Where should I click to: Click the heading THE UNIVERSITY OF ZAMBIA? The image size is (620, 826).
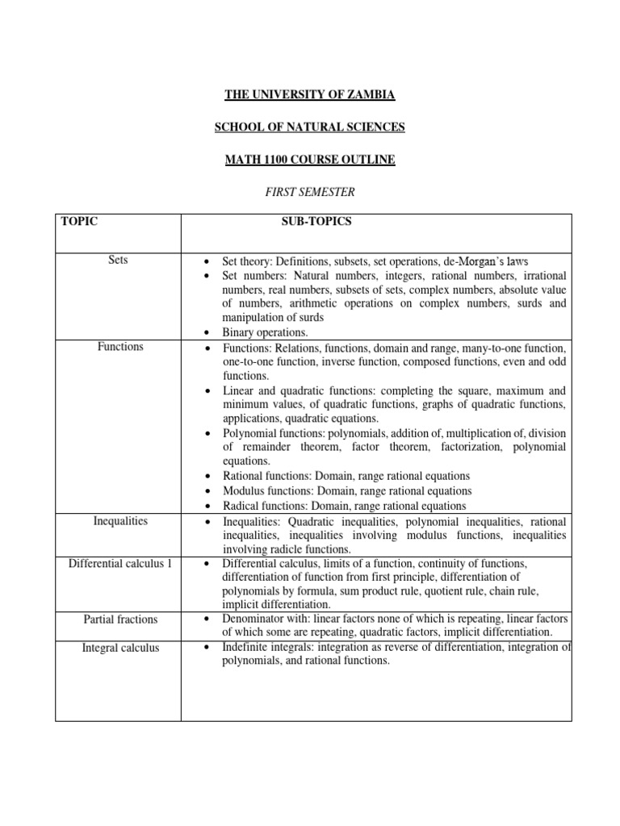pyautogui.click(x=310, y=95)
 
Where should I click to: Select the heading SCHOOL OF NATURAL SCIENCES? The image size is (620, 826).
pyautogui.click(x=310, y=127)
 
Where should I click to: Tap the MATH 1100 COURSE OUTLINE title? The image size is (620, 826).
pyautogui.click(x=310, y=160)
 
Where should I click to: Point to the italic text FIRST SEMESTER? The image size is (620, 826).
pyautogui.click(x=310, y=192)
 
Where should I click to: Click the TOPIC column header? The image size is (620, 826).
pyautogui.click(x=79, y=222)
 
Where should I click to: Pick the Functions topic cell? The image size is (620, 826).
pyautogui.click(x=118, y=347)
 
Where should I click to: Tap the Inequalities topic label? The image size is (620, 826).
pyautogui.click(x=118, y=521)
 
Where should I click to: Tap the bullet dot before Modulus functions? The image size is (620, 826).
pyautogui.click(x=207, y=491)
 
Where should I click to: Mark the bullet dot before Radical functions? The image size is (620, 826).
pyautogui.click(x=207, y=507)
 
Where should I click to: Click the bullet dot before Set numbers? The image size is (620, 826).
pyautogui.click(x=207, y=277)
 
